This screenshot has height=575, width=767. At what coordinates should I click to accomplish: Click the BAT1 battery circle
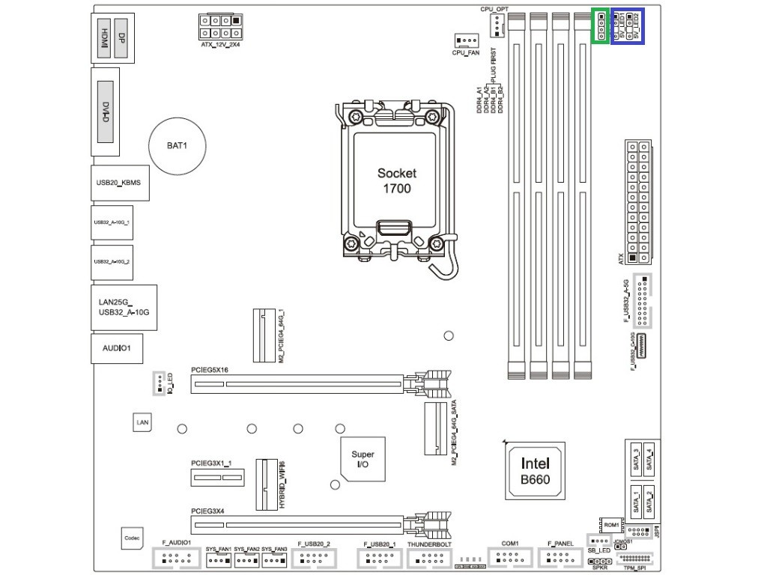(177, 144)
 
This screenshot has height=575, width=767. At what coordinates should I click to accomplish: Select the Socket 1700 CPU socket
(395, 180)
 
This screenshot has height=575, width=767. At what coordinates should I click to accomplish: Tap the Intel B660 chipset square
(535, 471)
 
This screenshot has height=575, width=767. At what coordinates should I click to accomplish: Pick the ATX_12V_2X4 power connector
(221, 28)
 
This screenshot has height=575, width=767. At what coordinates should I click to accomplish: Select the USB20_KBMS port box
(120, 183)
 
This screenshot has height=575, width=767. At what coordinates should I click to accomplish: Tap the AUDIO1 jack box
(117, 348)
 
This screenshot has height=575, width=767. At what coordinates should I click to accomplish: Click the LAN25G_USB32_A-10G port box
(124, 307)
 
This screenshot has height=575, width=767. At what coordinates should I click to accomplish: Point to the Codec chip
(132, 538)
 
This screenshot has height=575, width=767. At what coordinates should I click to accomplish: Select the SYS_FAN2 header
(246, 560)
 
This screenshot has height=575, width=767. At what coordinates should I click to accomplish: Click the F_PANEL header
(560, 557)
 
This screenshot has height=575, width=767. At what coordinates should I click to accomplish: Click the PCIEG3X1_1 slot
(216, 477)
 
